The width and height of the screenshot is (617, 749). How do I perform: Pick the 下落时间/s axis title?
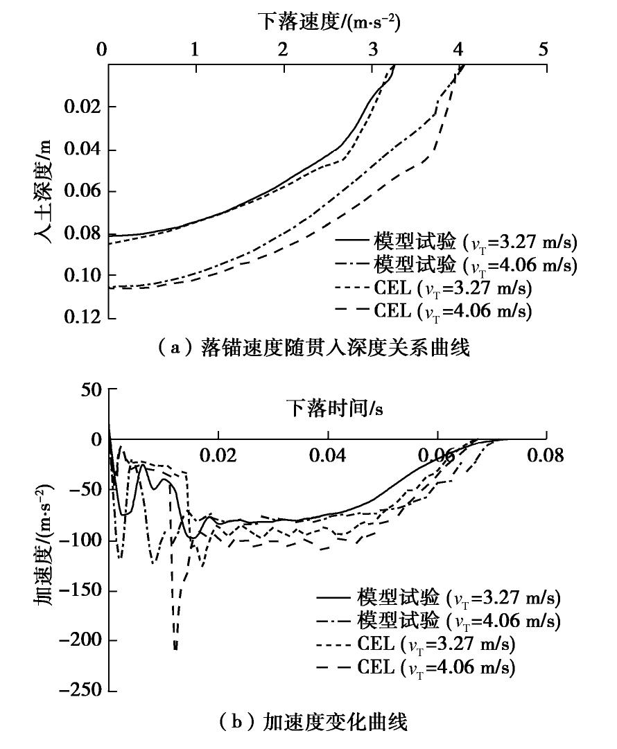336,409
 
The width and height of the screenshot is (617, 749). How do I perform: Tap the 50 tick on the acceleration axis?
89,389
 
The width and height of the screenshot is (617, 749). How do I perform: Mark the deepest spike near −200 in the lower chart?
175,648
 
